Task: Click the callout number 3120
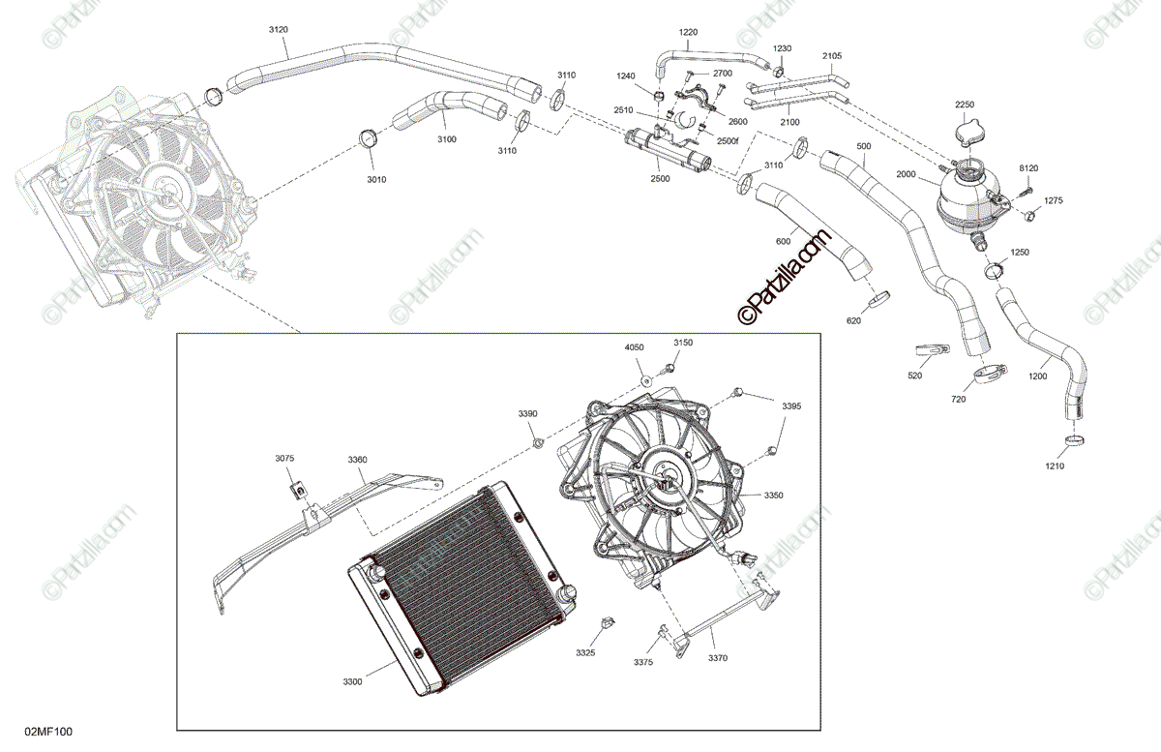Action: [x=278, y=30]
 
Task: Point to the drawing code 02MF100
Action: [x=49, y=731]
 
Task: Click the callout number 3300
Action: [x=352, y=682]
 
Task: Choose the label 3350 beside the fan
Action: [x=773, y=496]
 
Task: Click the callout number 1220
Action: [x=688, y=32]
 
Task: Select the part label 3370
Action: [x=717, y=658]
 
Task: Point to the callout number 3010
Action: [x=376, y=179]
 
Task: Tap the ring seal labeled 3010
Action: [x=369, y=138]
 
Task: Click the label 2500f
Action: [x=728, y=140]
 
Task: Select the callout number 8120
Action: [x=1027, y=168]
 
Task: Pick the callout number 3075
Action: [x=284, y=458]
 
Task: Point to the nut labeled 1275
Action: [x=1031, y=216]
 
